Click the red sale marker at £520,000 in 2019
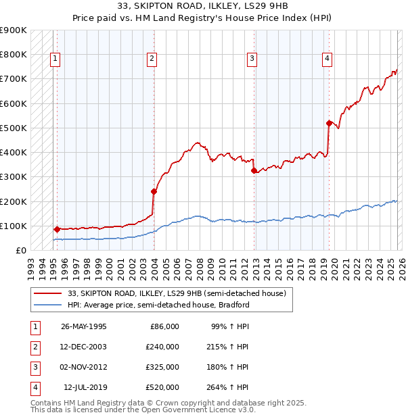point(329,123)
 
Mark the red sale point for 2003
point(154,191)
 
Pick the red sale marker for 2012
point(254,171)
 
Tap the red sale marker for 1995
point(57,229)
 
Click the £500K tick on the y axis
point(14,128)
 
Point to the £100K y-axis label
point(14,226)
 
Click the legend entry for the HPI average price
point(158,305)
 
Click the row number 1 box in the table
point(34,326)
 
